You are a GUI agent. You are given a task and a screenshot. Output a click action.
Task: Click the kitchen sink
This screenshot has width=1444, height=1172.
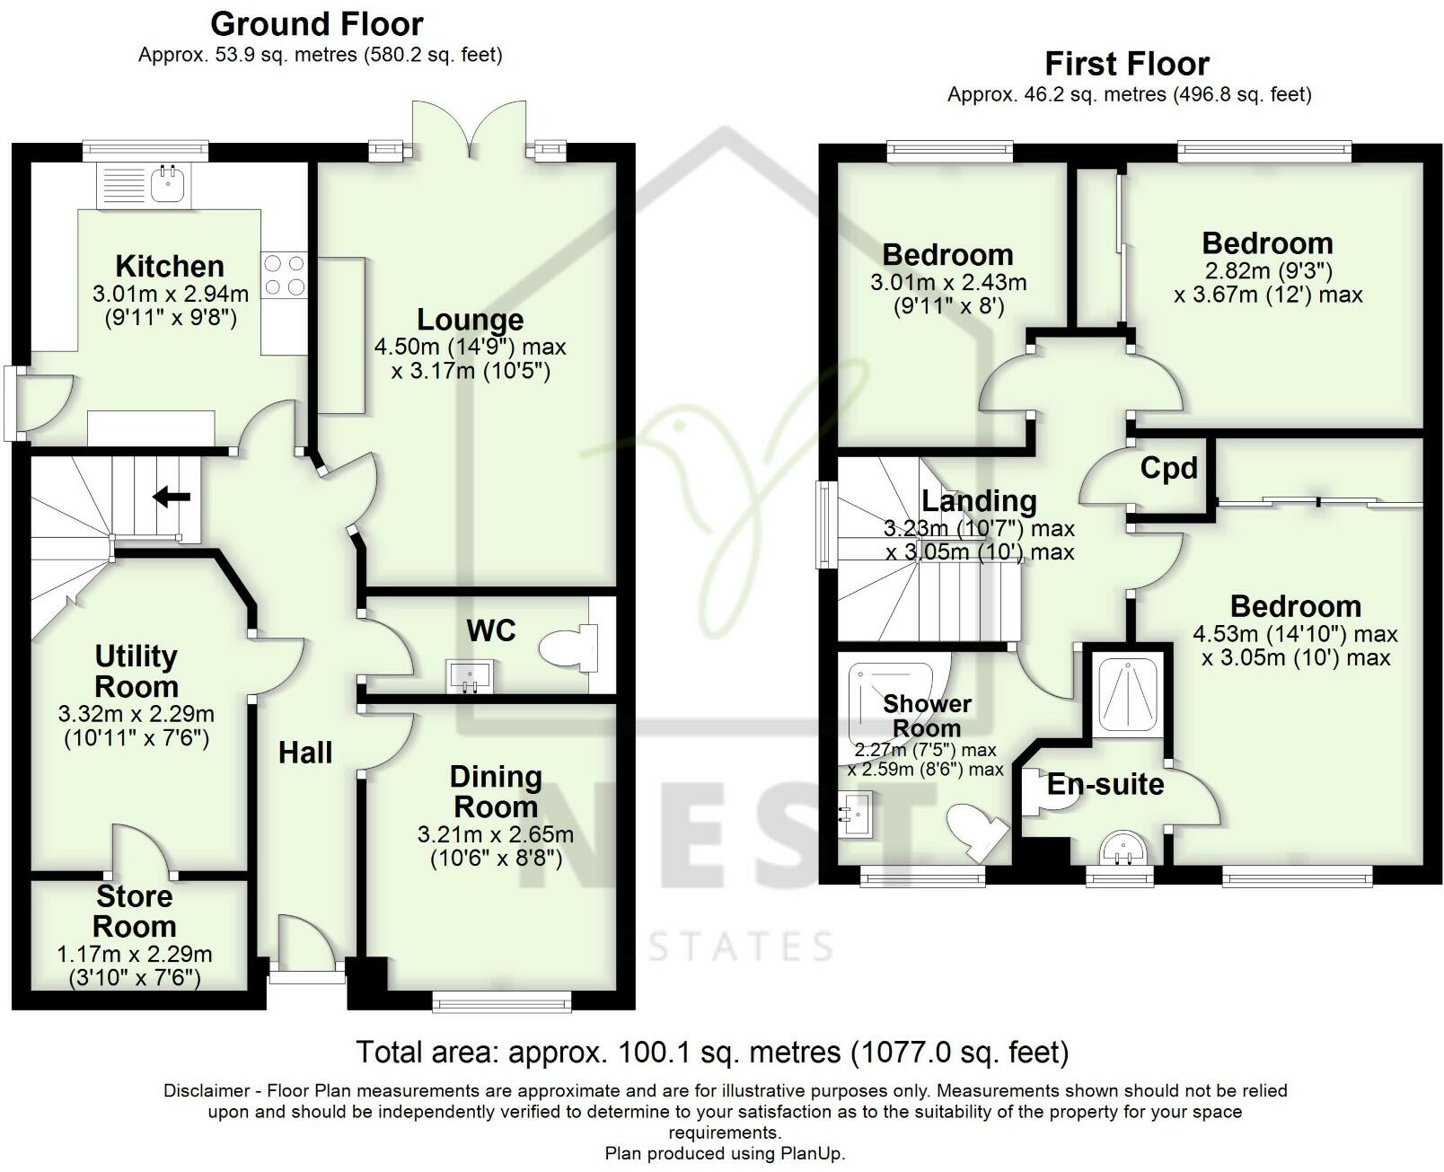tap(167, 185)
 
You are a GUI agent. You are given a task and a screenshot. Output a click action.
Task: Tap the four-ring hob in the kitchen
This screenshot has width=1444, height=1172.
tap(284, 275)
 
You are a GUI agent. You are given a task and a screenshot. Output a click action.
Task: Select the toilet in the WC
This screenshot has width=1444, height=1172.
tap(569, 647)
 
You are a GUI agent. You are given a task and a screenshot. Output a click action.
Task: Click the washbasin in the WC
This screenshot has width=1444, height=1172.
tap(469, 676)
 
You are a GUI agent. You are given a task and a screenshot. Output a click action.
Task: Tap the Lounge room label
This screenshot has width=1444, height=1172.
tap(470, 320)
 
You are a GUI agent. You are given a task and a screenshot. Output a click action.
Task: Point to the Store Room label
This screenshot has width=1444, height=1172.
tap(135, 911)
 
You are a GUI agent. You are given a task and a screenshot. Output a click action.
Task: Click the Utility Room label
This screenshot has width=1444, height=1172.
tap(136, 671)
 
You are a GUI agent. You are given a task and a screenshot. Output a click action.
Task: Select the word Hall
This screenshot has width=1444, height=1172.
tap(305, 753)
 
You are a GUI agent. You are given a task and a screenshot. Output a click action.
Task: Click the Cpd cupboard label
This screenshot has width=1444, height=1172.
tap(1168, 468)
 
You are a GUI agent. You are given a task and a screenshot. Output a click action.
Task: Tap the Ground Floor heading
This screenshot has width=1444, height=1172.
tap(317, 23)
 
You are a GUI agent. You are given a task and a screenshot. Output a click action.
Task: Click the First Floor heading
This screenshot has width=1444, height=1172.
tap(1127, 64)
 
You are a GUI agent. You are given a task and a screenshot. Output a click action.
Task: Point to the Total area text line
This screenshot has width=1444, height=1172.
tap(712, 1052)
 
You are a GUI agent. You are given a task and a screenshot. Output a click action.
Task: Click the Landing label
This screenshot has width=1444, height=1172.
tap(979, 500)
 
